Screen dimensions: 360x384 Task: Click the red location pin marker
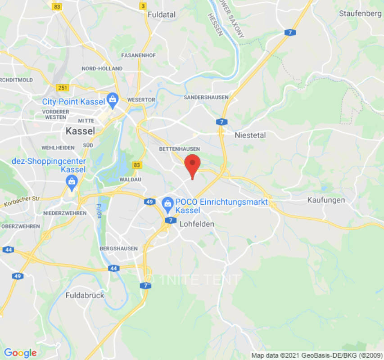coord(193,165)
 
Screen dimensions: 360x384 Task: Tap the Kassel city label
coord(80,131)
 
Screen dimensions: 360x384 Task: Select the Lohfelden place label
coord(197,224)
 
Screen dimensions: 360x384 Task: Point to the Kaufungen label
coord(326,200)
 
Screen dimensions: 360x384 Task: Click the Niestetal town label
coord(250,135)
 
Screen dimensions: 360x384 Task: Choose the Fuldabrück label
coord(85,296)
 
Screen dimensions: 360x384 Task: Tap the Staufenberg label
coord(360,13)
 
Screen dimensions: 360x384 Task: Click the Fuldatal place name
coord(162,15)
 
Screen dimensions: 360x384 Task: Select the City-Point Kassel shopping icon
coord(112,99)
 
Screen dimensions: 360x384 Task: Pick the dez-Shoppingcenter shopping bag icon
coord(71,181)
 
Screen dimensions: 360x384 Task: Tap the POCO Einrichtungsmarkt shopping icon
coord(168,203)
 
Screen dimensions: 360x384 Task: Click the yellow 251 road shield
coord(63,87)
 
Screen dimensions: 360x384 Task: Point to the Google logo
coord(20,353)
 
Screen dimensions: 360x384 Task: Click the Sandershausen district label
coord(206,97)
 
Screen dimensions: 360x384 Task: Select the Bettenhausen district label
coord(179,148)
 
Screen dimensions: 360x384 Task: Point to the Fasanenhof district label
coord(138,55)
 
